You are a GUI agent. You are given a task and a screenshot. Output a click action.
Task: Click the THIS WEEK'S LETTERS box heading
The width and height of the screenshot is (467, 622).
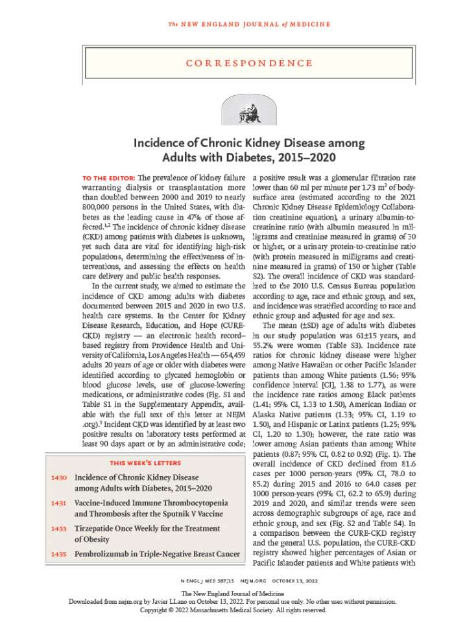click(145, 444)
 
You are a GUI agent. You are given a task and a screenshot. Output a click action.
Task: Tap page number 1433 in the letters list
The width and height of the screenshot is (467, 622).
click(58, 528)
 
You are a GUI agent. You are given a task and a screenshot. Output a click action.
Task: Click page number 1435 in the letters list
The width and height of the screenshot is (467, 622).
click(58, 554)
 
